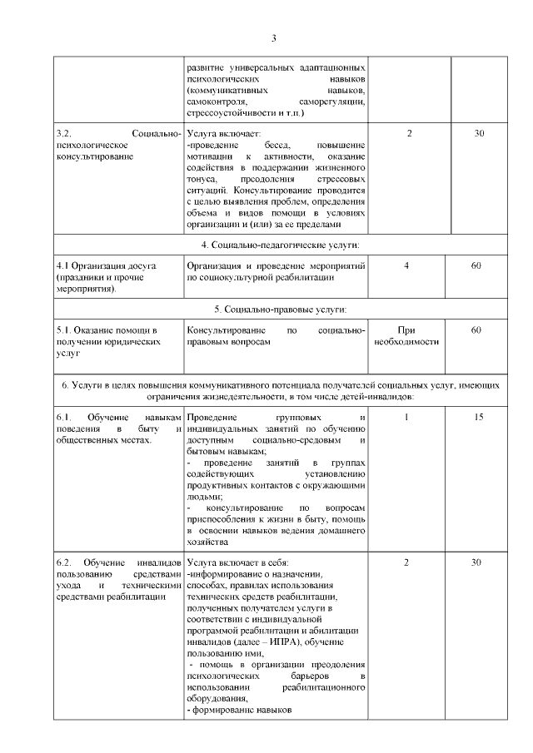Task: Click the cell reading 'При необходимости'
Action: click(408, 336)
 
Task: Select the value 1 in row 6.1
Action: click(406, 417)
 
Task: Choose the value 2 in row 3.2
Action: click(409, 134)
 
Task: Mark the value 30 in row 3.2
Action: click(478, 134)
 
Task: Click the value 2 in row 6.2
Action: click(406, 562)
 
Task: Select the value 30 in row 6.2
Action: click(477, 562)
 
